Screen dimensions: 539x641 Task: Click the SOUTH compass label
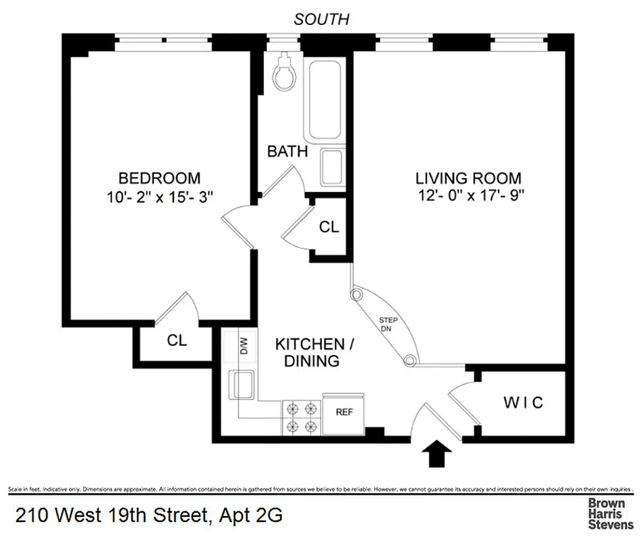pos(321,20)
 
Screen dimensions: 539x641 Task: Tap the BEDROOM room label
pos(159,179)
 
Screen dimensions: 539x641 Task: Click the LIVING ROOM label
pos(468,179)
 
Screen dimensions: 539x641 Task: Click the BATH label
pos(287,151)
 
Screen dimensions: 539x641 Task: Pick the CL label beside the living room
pos(329,227)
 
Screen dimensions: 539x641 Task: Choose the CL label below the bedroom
pos(177,340)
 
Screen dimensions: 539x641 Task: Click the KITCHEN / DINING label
pos(314,352)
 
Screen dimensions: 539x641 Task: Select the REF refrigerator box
pos(343,412)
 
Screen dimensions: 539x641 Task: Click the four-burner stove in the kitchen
pos(301,416)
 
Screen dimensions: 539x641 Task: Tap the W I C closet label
pos(524,403)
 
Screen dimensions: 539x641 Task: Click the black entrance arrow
pos(438,453)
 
